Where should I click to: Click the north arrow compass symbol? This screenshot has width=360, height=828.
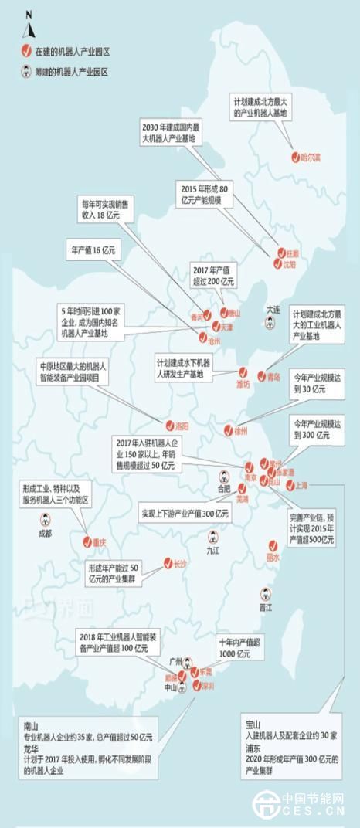click(x=28, y=26)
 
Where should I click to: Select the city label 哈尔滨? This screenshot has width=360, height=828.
click(x=311, y=157)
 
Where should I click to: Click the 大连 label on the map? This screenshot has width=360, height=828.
click(x=273, y=308)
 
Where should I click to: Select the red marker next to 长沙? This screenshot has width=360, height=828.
click(x=167, y=563)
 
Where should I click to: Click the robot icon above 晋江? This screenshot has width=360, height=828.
click(x=265, y=594)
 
